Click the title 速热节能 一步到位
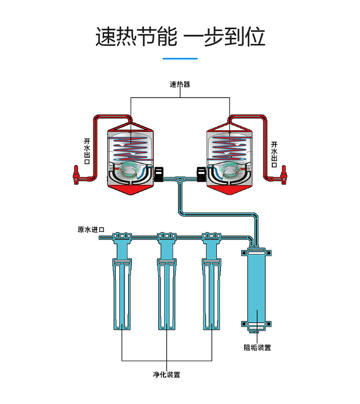[x=180, y=37]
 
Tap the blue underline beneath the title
[x=180, y=59]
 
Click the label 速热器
[x=180, y=84]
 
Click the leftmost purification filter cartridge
[x=122, y=289]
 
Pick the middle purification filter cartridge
[x=167, y=289]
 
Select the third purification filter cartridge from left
[x=211, y=289]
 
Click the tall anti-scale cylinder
[x=257, y=289]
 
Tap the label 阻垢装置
[x=257, y=348]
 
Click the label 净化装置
[x=167, y=375]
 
